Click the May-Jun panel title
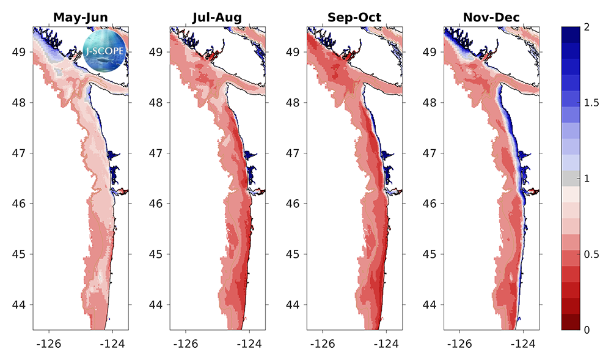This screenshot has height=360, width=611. [x=81, y=18]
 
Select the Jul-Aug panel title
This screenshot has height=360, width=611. [x=218, y=18]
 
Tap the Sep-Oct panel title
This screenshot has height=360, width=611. [x=354, y=18]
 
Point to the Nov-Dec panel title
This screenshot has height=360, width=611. [x=491, y=18]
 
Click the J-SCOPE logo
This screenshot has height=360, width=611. [x=104, y=51]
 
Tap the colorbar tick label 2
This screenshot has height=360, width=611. [x=587, y=27]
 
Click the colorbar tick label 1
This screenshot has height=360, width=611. [x=587, y=178]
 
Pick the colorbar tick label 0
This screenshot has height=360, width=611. [x=587, y=330]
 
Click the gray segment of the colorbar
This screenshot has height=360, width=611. [x=571, y=178]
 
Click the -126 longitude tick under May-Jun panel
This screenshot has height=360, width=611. [x=49, y=343]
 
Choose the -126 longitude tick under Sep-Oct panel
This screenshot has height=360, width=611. [x=323, y=343]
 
